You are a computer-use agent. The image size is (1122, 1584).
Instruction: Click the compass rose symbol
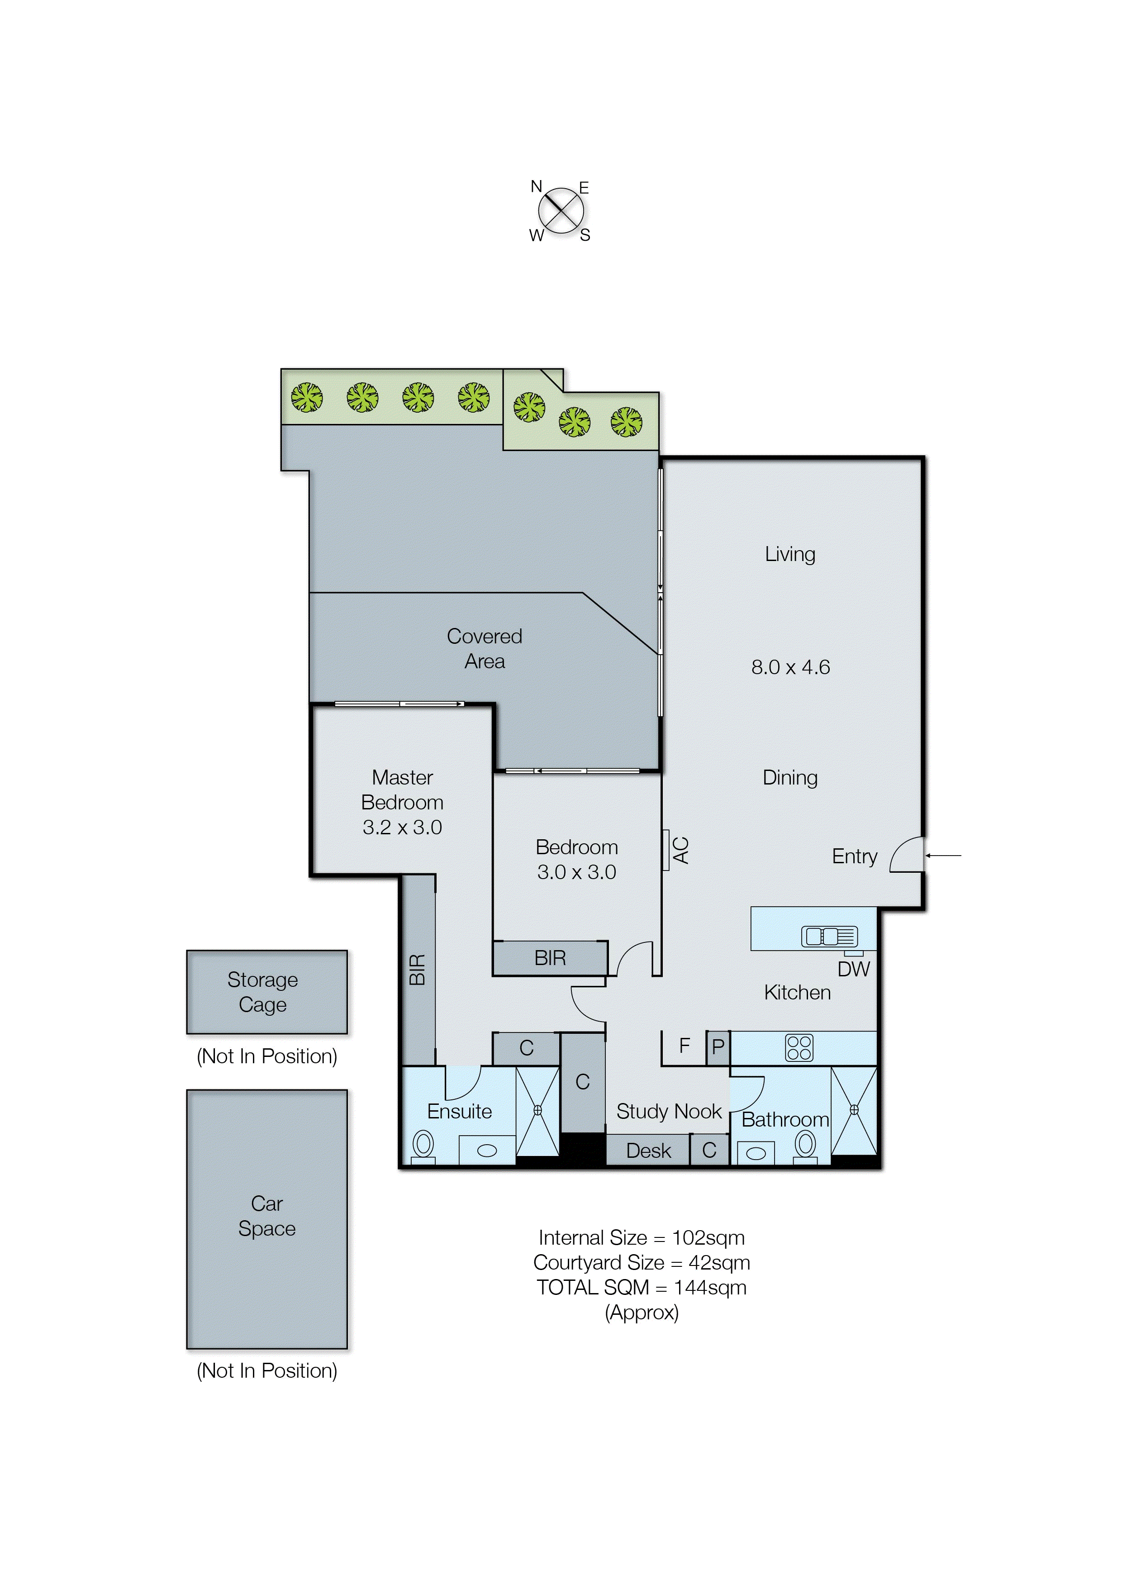[x=560, y=211]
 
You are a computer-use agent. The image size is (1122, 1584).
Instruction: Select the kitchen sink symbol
[x=829, y=936]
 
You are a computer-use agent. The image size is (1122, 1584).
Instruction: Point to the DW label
[x=853, y=969]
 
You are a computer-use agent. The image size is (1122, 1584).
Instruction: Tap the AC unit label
[x=680, y=850]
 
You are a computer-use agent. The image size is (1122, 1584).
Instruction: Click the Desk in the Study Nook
[x=648, y=1150]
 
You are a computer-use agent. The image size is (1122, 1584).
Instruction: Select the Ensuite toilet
[x=423, y=1145]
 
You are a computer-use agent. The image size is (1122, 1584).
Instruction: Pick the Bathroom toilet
[x=805, y=1145]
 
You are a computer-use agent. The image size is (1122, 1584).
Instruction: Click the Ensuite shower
[x=537, y=1110]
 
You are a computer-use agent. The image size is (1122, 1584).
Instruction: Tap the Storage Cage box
[x=266, y=992]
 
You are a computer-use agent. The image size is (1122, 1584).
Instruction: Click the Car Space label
[x=266, y=1216]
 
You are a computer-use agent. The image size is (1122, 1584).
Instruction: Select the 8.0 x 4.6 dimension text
[x=790, y=667]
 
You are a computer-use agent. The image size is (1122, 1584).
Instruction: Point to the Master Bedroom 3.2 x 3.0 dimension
[x=402, y=827]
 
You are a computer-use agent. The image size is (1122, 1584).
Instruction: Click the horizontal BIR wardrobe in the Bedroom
[x=550, y=958]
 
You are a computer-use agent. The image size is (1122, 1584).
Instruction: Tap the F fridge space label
[x=684, y=1046]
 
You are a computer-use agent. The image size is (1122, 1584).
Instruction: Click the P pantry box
[x=718, y=1047]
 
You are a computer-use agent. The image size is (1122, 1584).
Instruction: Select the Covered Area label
[x=484, y=649]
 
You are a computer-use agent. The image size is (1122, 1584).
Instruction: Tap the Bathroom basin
[x=756, y=1153]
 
